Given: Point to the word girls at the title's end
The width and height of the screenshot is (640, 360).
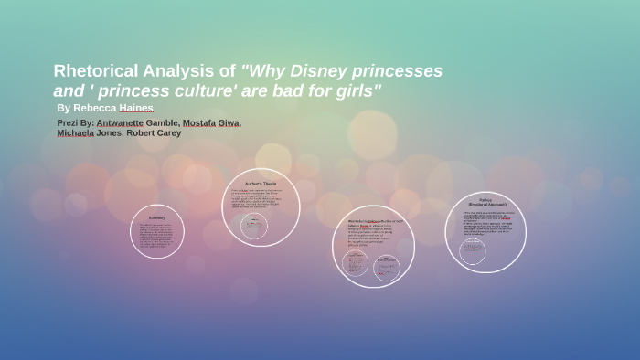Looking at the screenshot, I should tap(352, 91).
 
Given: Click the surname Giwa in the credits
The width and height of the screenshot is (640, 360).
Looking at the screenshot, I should tap(232, 122).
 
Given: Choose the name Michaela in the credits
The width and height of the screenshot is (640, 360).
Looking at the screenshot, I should tap(75, 132).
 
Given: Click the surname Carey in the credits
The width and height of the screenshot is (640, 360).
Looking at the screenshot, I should tap(168, 132).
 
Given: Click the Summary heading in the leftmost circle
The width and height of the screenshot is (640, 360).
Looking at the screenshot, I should tap(157, 218).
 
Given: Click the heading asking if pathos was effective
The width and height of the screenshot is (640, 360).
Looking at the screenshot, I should tap(373, 220).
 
